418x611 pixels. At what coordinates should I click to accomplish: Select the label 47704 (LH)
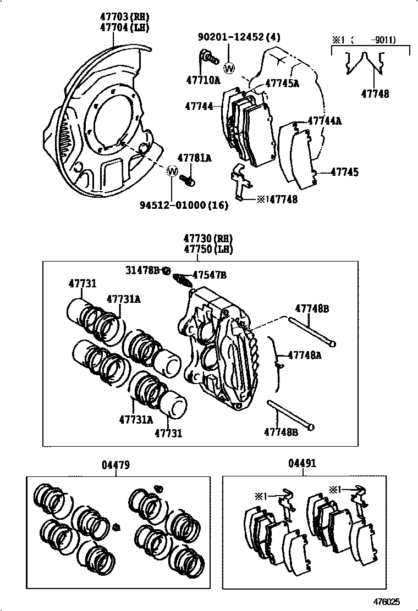[x=124, y=27]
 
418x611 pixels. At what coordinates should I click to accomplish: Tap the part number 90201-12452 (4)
[x=239, y=37]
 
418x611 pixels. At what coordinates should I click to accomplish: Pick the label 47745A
[x=282, y=84]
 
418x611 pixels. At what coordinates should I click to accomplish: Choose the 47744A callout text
[x=324, y=120]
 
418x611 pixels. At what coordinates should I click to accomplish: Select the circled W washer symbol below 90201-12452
[x=229, y=68]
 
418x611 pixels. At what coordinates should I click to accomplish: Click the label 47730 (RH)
[x=208, y=238]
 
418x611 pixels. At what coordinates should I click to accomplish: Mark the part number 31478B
[x=141, y=270]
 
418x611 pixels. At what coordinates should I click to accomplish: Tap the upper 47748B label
[x=312, y=309]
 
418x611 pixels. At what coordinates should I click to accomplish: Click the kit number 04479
[x=116, y=465]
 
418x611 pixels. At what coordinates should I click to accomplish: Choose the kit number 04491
[x=302, y=464]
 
